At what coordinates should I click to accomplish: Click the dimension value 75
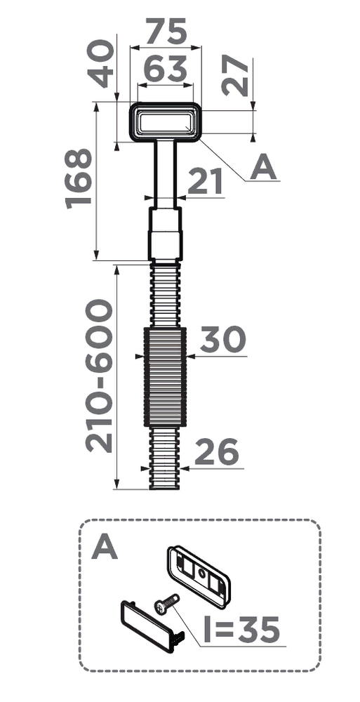(x=166, y=32)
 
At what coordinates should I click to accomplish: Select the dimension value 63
(x=165, y=69)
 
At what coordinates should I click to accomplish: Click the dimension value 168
(x=79, y=178)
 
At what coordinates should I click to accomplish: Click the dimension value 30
(x=222, y=339)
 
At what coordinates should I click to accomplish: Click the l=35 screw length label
(x=241, y=630)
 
